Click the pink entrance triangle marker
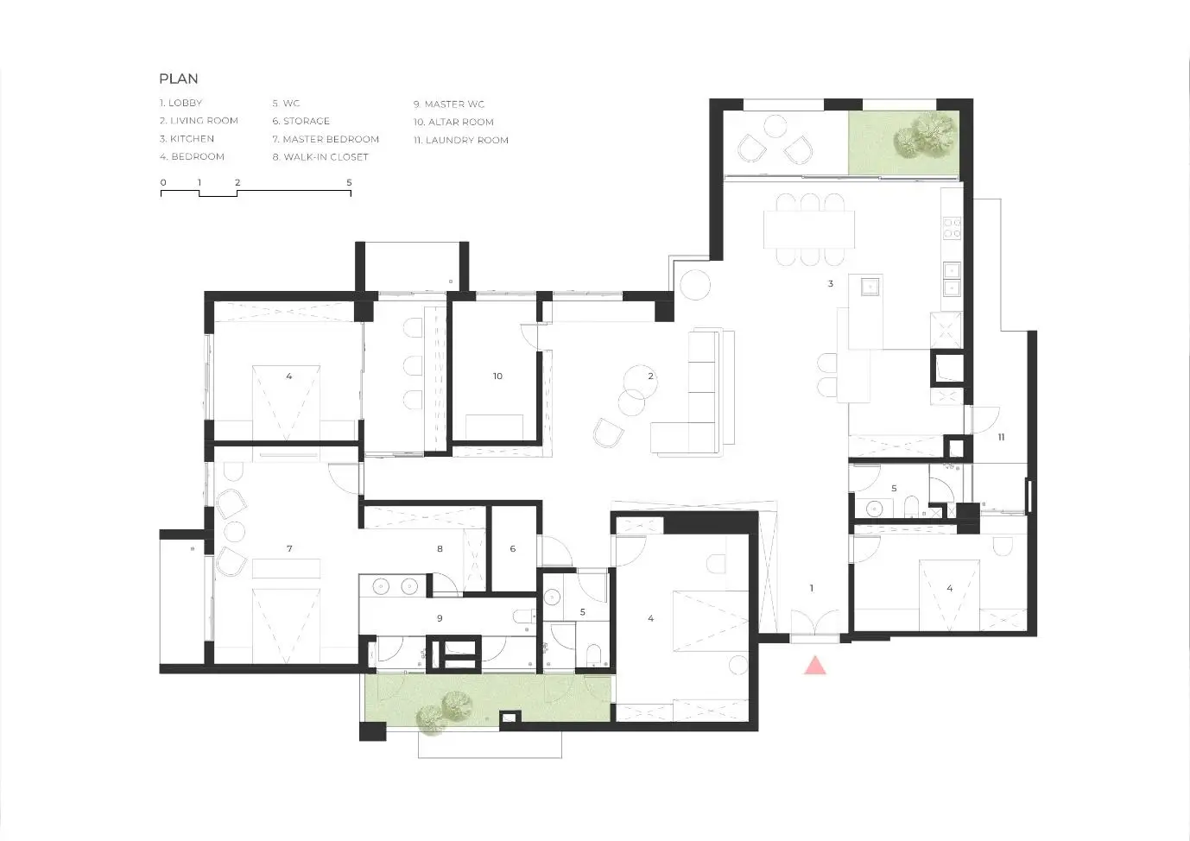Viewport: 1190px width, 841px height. pyautogui.click(x=815, y=666)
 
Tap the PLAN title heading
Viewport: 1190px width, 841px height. pyautogui.click(x=179, y=79)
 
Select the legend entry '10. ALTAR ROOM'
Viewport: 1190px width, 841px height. pyautogui.click(x=453, y=123)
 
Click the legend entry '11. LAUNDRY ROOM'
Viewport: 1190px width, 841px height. pyautogui.click(x=461, y=140)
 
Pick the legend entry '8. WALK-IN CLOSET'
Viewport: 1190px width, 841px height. pyautogui.click(x=320, y=157)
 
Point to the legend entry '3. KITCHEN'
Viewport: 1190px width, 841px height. pyautogui.click(x=187, y=139)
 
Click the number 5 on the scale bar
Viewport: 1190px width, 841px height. pyautogui.click(x=349, y=182)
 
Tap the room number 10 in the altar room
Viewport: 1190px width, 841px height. pyautogui.click(x=497, y=376)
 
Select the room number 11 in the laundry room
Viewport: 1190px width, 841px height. pyautogui.click(x=1001, y=437)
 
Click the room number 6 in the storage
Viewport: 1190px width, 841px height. pyautogui.click(x=513, y=549)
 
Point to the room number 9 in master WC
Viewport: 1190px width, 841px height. pyautogui.click(x=440, y=618)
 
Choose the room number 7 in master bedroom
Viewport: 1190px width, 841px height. pyautogui.click(x=289, y=549)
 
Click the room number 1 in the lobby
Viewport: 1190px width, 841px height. pyautogui.click(x=811, y=588)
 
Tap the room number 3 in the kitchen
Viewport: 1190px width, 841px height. pyautogui.click(x=831, y=284)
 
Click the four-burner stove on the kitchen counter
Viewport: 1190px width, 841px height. pyautogui.click(x=952, y=228)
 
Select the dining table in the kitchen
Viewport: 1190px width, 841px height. pyautogui.click(x=809, y=230)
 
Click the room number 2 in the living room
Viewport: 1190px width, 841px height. pyautogui.click(x=650, y=376)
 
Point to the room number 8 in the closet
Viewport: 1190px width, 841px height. pyautogui.click(x=440, y=549)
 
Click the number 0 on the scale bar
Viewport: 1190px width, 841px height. pyautogui.click(x=163, y=182)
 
